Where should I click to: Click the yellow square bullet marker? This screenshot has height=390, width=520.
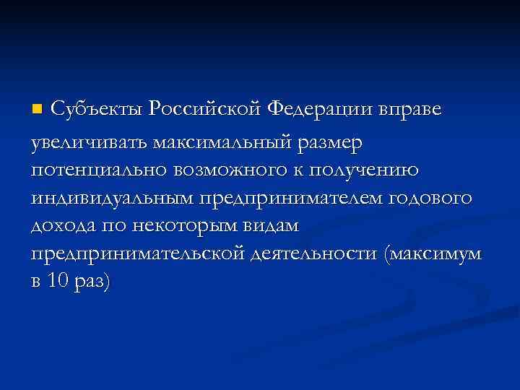click(39, 110)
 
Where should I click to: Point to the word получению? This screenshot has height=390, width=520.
click(387, 172)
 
